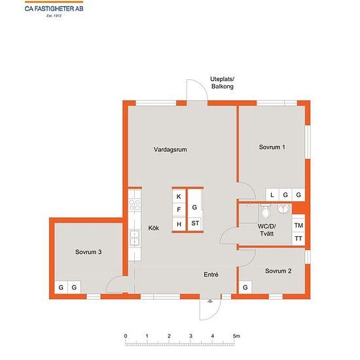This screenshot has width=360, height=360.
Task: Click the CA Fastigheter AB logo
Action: pos(54,9)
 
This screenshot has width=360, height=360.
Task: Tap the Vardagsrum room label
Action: pos(170,150)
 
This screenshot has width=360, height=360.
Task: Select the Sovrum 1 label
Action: pos(272,147)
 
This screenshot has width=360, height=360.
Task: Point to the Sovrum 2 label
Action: pos(278,271)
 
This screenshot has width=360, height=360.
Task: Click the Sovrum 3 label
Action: pos(88,252)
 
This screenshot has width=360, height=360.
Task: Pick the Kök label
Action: pos(154,228)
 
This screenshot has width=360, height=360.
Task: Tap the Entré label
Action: pos(211,275)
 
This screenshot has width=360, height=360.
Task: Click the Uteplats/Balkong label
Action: pos(223,83)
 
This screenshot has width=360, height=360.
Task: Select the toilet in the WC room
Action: pos(266,211)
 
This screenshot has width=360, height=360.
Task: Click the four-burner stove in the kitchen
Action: pos(135,205)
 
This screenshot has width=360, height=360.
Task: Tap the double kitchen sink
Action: pos(135,238)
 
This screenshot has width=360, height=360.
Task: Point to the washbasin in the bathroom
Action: pos(284,208)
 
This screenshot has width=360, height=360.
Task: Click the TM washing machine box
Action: pos(298,225)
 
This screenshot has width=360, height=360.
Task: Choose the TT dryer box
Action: pos(298,239)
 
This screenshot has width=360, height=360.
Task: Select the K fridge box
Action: pos(179,196)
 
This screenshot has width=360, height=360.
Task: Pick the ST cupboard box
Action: pos(195,223)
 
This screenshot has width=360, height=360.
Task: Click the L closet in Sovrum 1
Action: pos(272,195)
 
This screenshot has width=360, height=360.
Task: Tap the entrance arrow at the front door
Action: pos(210,301)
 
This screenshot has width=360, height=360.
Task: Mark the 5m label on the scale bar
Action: pos(236,336)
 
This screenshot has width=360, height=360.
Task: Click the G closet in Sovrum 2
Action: pos(245,287)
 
